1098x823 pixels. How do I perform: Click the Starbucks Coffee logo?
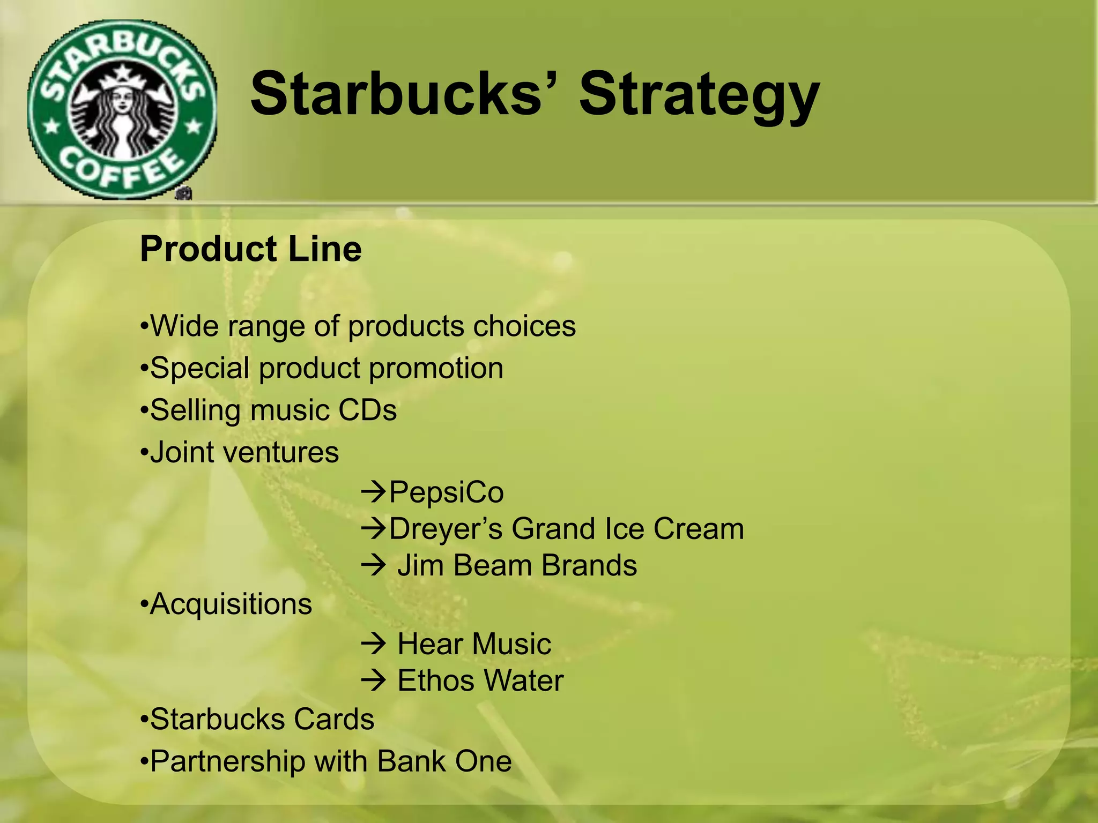coord(122,110)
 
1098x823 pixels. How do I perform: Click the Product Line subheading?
coord(250,249)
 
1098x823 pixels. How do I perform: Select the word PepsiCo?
coord(446,492)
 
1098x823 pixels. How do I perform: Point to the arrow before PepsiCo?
coord(374,491)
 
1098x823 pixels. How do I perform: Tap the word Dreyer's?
coord(446,529)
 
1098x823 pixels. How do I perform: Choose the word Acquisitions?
coord(231,604)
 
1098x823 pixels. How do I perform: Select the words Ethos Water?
coord(480,680)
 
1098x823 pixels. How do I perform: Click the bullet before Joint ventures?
coord(143,453)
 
